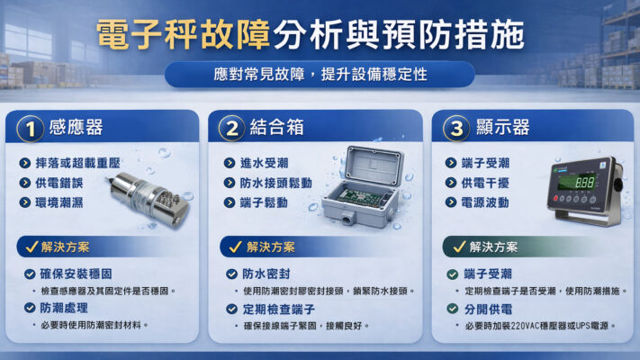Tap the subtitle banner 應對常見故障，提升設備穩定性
320,74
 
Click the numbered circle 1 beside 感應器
30,128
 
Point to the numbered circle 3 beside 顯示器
455,128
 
